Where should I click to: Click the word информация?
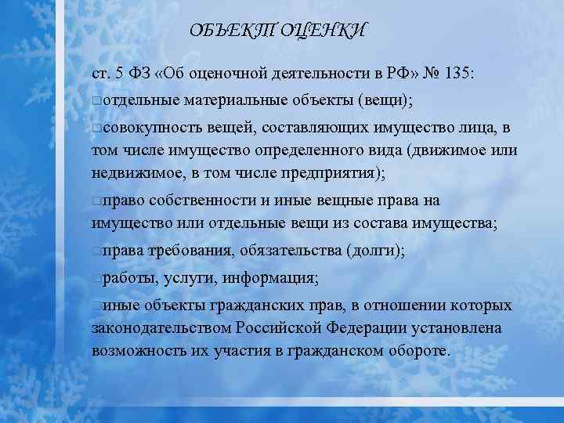tap(269, 277)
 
